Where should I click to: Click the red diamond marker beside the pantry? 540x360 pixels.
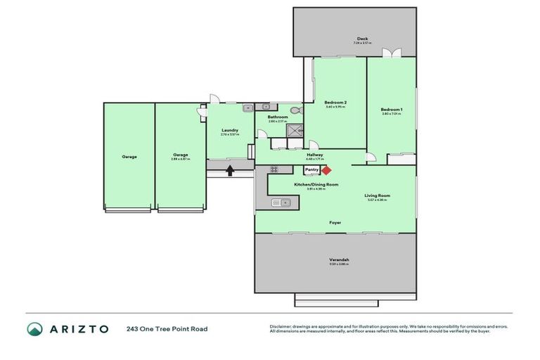326,169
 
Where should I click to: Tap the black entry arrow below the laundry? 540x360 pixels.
229,169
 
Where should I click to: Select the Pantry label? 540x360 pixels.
312,169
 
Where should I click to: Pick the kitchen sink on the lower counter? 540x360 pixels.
281,203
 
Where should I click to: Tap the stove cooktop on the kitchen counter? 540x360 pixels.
274,169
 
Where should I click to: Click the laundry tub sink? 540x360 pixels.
248,108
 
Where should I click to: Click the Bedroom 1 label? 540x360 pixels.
392,109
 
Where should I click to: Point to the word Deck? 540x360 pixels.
362,39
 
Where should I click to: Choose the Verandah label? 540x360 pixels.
340,260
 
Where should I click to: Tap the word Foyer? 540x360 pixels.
335,222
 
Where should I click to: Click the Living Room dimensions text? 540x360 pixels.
378,200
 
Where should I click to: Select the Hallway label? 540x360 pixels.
314,155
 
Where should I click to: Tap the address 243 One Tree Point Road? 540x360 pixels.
167,328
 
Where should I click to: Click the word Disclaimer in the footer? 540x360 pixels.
281,326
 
